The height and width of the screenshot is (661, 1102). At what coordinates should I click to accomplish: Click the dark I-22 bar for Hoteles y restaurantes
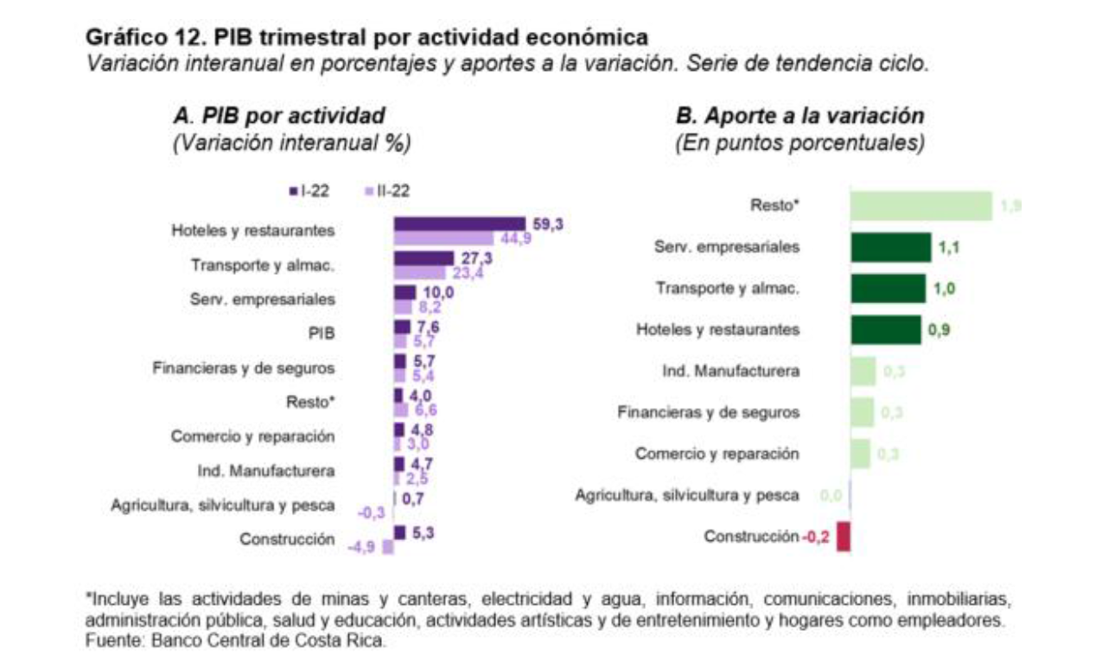coord(459,224)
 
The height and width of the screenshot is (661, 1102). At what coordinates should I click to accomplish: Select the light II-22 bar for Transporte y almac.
coord(420,273)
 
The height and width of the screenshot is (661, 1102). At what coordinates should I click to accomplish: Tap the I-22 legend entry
coord(309,192)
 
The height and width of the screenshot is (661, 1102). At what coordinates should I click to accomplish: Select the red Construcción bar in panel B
coord(844,536)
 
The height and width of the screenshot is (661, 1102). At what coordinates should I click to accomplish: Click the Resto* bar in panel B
coord(920,206)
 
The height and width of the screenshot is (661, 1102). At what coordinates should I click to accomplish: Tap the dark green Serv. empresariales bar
coord(890,247)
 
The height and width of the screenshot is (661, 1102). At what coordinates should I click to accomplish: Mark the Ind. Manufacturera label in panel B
coord(729,372)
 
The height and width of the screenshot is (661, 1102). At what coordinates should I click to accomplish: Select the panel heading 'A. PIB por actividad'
coord(279,117)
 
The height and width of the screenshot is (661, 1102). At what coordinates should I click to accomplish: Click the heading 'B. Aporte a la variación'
coord(799,117)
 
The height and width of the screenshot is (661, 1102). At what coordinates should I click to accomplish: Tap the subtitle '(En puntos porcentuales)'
coord(799,143)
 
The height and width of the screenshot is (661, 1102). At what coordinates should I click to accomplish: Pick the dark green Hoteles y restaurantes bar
coord(885,330)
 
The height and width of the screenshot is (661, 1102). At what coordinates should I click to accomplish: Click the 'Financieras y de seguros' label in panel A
coord(243,368)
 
